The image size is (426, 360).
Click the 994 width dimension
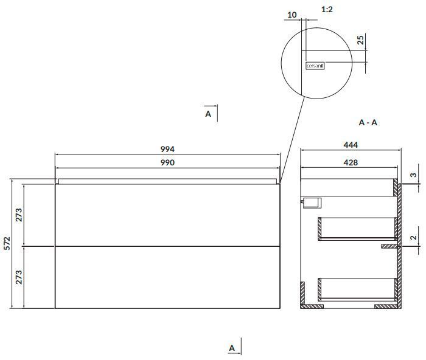(167, 149)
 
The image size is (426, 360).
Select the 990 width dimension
(167, 162)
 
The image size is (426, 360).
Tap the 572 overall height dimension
(7, 243)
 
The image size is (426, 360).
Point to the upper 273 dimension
(19, 215)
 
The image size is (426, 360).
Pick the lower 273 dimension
(19, 277)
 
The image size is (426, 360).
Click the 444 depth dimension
(351, 145)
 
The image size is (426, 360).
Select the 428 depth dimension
(351, 162)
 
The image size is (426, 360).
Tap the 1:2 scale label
(327, 10)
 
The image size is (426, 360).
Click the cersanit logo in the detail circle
(315, 66)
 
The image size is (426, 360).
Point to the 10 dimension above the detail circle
(292, 15)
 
